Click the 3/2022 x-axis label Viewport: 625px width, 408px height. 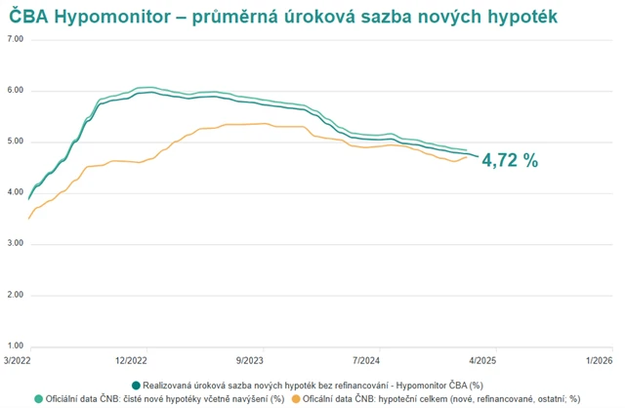17,360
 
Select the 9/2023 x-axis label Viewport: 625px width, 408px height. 249,360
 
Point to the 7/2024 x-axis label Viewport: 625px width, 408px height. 366,360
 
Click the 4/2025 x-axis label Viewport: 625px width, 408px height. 482,360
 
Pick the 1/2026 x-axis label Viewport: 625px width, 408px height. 599,360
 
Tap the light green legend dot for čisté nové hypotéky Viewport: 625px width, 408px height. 38,398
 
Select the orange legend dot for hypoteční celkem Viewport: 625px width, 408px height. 296,398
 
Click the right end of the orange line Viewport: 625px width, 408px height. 466,157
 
